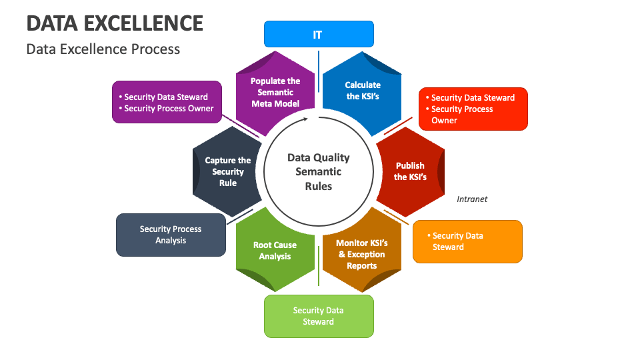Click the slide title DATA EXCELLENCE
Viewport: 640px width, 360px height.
tap(115, 23)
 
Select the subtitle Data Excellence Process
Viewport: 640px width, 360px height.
tap(103, 49)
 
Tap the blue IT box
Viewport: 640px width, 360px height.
tap(318, 34)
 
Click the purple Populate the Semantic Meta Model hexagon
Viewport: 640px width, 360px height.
tap(275, 92)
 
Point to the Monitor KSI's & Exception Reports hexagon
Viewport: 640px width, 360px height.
tap(361, 254)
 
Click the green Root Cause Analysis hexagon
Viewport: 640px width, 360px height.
tap(275, 251)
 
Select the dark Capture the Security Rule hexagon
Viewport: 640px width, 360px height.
tap(227, 171)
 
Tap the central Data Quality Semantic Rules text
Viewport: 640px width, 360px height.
tap(318, 172)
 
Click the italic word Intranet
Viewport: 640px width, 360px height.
tap(472, 199)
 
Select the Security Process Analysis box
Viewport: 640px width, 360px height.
tap(171, 235)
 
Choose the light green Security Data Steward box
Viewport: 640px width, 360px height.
tap(319, 316)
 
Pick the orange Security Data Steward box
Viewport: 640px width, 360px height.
tap(467, 241)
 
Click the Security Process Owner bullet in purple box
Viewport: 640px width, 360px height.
tap(169, 109)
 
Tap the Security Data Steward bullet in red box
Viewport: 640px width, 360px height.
tap(473, 97)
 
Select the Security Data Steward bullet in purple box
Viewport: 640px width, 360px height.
tap(166, 97)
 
